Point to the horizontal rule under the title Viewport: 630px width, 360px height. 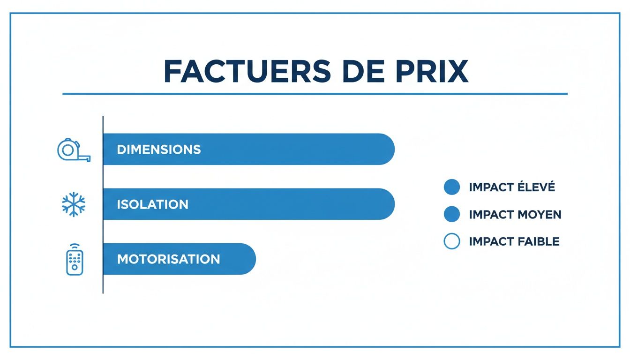click(315, 94)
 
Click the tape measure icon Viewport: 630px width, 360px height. click(74, 150)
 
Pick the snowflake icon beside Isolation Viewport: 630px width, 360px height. click(74, 204)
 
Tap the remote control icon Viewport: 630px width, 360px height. click(75, 259)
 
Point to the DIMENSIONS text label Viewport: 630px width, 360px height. click(158, 150)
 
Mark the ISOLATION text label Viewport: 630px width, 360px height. click(152, 204)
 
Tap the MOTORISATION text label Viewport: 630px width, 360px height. click(168, 259)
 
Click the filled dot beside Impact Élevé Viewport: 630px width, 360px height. click(451, 187)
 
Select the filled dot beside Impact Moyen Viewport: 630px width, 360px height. click(451, 214)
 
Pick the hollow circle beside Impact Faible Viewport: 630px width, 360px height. click(451, 241)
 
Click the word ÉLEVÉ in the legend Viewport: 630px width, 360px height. click(535, 187)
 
